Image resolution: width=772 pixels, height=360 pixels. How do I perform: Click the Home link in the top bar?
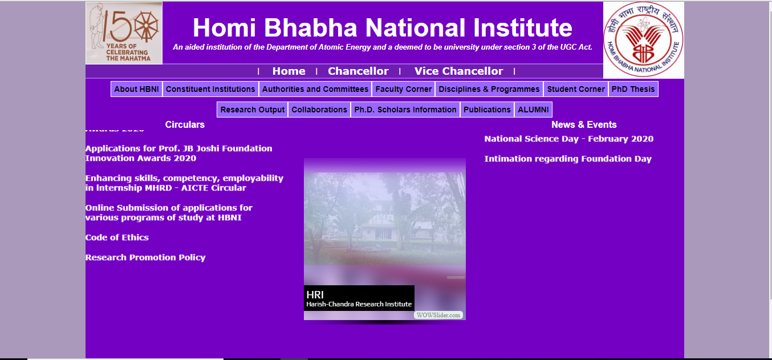(289, 71)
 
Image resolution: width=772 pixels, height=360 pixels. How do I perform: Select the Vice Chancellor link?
(458, 71)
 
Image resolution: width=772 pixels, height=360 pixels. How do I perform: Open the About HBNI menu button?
(136, 89)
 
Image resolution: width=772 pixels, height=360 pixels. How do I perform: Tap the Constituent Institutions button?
(210, 89)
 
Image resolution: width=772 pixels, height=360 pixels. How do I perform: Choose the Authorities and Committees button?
(315, 89)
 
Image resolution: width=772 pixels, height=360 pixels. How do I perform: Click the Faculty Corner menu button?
(404, 89)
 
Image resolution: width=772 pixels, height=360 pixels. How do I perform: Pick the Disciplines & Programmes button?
(489, 89)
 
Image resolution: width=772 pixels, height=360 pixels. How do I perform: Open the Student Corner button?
(576, 89)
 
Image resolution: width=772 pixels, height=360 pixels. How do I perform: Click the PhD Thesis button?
(633, 89)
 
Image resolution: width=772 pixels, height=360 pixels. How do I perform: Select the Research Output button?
(253, 110)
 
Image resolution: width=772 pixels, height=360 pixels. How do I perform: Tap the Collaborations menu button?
(319, 110)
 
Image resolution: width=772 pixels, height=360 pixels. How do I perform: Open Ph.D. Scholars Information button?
(405, 110)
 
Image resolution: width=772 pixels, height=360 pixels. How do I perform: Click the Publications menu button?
(487, 110)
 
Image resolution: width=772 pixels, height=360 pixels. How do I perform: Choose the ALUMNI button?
(533, 110)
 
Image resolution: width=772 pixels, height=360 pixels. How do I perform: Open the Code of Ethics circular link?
(117, 237)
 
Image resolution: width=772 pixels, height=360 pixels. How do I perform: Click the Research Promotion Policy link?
(145, 257)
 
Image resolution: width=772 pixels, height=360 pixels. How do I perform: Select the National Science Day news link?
(568, 139)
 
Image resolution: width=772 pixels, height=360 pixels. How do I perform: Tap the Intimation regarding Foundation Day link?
(568, 159)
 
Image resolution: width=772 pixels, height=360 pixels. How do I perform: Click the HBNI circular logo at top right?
(643, 40)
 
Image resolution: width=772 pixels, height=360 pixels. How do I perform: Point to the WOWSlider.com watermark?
(438, 315)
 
